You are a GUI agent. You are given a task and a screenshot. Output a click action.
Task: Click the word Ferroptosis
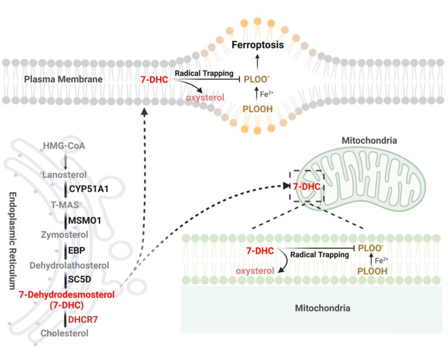(258, 44)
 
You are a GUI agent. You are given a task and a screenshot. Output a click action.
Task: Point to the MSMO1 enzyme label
(87, 220)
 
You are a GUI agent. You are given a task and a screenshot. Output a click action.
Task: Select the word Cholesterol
(65, 333)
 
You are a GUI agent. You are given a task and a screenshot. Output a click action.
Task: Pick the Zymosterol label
(65, 235)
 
